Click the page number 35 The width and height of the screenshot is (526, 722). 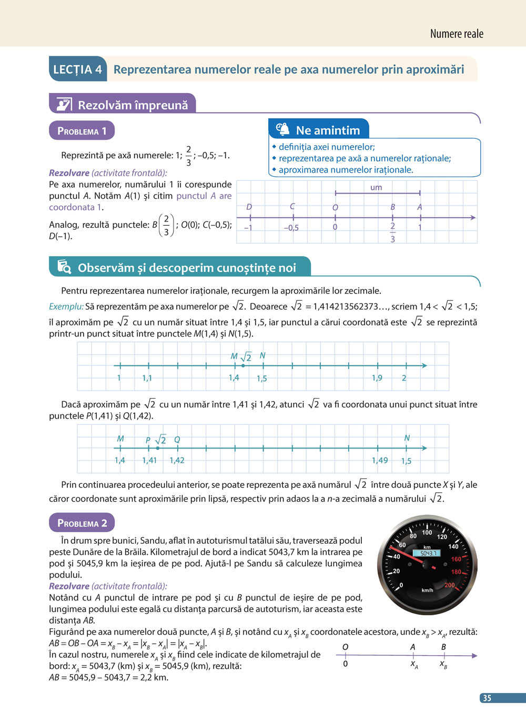coord(487,698)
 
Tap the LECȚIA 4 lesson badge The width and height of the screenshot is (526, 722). coord(77,69)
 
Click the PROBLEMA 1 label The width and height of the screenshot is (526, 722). coord(82,131)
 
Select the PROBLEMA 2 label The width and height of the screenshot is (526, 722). coord(82,523)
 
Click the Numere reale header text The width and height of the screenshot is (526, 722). coord(456,34)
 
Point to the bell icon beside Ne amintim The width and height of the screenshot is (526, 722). coord(283,129)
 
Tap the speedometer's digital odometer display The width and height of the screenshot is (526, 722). coord(427,553)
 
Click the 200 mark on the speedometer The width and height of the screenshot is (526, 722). coord(449,585)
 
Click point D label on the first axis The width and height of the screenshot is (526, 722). coord(249,207)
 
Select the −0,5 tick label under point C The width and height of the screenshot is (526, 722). coord(291,228)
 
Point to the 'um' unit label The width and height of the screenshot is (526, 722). coord(376,187)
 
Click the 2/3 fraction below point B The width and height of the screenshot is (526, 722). coord(392,232)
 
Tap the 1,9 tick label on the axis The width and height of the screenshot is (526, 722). coord(377,378)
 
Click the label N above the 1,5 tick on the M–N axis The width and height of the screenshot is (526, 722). coord(262,355)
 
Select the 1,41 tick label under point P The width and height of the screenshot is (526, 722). coord(149,460)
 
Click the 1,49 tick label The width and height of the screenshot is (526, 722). coord(380,460)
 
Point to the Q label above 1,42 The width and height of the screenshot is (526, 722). coord(177,440)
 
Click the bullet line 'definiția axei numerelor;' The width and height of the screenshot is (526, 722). coord(326,147)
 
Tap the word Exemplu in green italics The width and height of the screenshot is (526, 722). coord(66,306)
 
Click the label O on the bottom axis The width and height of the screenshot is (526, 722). coord(345,647)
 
